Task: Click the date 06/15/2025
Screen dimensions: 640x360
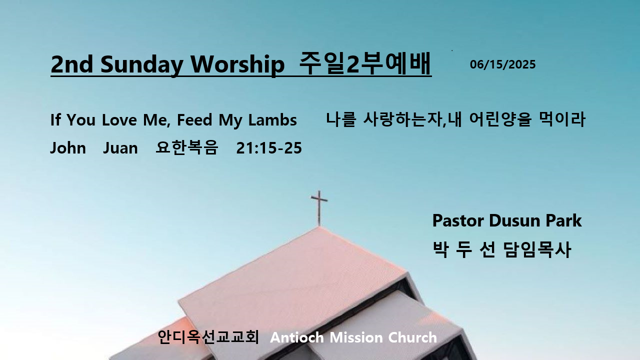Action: (502, 64)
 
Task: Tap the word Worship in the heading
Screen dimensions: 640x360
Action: (237, 64)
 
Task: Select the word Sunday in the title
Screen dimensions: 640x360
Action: (141, 65)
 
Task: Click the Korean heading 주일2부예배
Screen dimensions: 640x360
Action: (365, 63)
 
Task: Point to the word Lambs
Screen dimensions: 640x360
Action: (272, 119)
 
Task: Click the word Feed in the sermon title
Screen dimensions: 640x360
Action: (194, 119)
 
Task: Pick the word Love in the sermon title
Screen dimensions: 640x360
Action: (119, 119)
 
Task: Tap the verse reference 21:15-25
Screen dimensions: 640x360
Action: (269, 148)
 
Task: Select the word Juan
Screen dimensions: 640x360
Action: (120, 148)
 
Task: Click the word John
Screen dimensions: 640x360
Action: (68, 148)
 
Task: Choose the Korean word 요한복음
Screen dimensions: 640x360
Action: (187, 147)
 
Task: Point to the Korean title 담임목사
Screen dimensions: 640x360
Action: (537, 249)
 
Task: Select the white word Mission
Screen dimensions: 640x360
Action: (356, 337)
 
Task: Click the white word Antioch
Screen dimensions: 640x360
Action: (297, 337)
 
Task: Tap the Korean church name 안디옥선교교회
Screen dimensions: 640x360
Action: (208, 337)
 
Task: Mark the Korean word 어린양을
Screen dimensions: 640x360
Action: (500, 119)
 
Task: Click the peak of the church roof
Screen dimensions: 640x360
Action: (319, 227)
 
